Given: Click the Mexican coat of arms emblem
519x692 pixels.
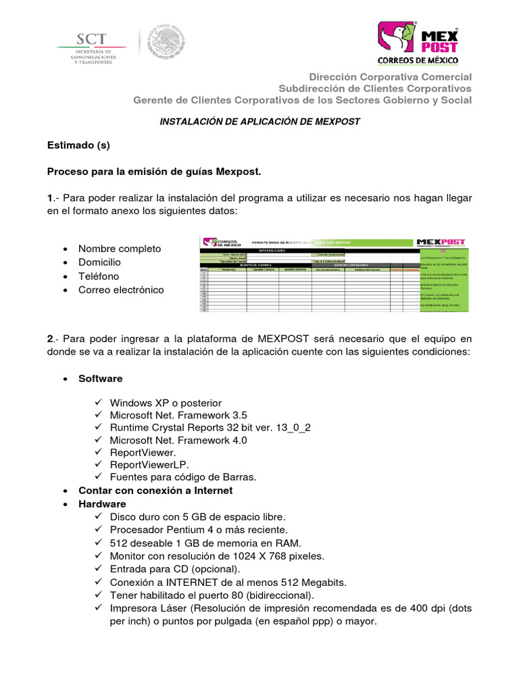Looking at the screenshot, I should (168, 42).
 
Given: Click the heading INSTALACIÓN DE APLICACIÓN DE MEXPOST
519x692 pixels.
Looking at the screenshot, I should (259, 122).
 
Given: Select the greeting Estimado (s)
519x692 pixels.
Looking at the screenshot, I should (78, 145).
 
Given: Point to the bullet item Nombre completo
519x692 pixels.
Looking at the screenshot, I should (120, 249).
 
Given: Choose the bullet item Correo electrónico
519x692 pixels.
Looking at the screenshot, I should (121, 290).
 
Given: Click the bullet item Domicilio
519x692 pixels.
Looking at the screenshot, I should (99, 262).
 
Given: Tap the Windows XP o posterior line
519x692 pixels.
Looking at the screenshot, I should (166, 403).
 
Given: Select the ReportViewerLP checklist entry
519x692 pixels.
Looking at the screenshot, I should (149, 464).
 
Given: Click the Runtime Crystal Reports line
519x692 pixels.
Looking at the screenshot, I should (210, 428).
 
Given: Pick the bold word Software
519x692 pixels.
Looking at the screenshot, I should (101, 378).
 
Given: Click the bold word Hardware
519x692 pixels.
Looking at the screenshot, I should (102, 504).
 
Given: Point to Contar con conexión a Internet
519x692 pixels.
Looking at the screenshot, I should (155, 491).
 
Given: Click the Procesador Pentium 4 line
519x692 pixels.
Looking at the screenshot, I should (199, 530).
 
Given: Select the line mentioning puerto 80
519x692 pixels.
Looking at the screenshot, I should (212, 595).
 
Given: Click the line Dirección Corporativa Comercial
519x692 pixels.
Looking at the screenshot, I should (391, 77).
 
